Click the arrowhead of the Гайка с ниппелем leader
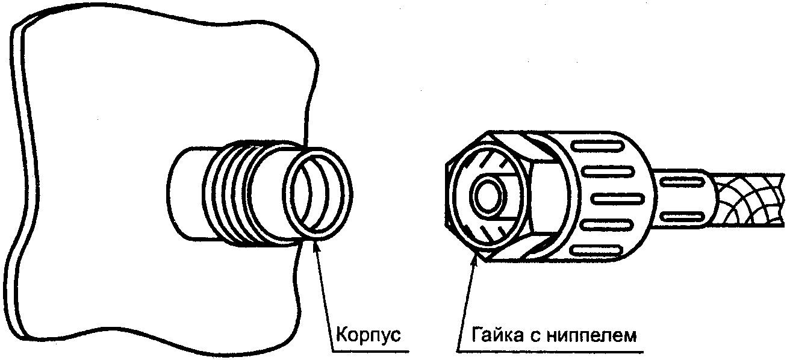[476, 259]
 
